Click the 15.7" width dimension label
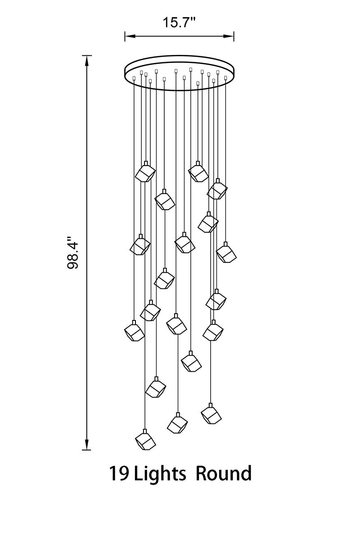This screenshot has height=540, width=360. (179, 22)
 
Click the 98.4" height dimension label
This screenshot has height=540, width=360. (73, 252)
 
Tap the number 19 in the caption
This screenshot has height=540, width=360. (119, 473)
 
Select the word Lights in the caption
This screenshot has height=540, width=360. (160, 473)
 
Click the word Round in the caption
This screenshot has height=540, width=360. (224, 473)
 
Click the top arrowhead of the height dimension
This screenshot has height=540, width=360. (87, 61)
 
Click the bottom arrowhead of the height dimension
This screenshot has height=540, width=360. (87, 444)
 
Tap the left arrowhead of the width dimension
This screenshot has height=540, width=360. (130, 36)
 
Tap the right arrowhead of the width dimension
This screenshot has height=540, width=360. (228, 36)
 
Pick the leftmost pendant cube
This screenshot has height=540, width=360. (134, 332)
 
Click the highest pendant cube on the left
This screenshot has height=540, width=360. (145, 173)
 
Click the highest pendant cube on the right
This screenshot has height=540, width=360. (198, 173)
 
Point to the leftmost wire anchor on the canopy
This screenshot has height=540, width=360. (134, 78)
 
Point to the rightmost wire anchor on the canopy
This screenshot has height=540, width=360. (226, 77)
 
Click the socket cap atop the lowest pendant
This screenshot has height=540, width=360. (145, 431)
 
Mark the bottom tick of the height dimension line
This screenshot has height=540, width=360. (86, 450)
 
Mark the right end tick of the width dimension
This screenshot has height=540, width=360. (234, 36)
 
